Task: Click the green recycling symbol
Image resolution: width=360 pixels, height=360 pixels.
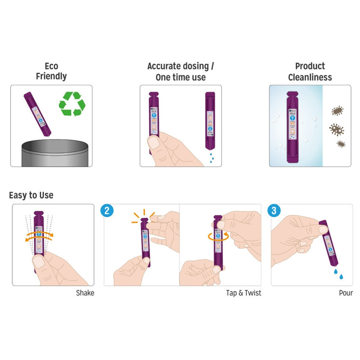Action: [72, 104]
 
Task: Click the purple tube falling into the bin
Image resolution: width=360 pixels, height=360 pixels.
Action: [38, 113]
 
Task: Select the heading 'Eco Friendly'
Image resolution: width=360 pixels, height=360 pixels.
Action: [51, 71]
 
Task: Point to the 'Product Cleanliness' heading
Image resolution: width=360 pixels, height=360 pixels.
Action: [310, 71]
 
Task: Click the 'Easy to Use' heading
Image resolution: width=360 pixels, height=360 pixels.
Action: [31, 196]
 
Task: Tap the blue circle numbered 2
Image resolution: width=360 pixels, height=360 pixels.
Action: [106, 211]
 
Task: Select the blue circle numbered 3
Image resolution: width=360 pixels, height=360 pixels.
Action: [274, 211]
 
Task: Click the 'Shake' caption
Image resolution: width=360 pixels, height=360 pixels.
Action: [85, 293]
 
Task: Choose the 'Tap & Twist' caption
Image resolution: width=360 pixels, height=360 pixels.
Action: [243, 293]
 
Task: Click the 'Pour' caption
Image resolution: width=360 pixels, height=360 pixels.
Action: [346, 293]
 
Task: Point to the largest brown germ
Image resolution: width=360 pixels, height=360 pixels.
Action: [336, 129]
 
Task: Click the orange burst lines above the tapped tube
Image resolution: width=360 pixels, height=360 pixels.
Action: [142, 216]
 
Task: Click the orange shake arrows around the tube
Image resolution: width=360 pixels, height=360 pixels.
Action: [40, 236]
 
